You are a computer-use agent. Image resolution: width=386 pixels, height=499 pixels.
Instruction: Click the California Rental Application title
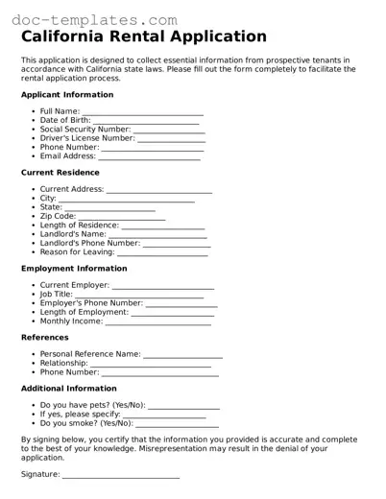144,37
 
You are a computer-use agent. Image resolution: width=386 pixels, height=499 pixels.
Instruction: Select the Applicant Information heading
67,96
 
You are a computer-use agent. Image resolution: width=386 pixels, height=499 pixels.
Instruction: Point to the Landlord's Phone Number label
90,243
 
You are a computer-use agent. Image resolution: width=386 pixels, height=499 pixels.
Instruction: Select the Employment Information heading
73,269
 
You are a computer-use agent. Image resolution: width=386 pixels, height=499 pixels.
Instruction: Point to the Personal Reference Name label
90,354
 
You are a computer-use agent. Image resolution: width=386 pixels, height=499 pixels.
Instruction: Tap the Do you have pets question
92,405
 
